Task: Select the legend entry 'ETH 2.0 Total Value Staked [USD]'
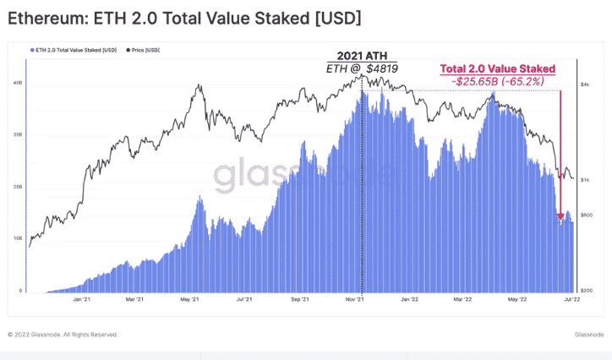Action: tap(74, 51)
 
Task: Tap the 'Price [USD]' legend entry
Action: tap(145, 51)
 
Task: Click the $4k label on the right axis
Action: tap(585, 85)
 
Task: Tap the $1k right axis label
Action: tap(585, 180)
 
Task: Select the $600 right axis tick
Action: tap(586, 215)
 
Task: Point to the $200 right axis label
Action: tap(586, 290)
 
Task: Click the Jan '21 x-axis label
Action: tap(83, 299)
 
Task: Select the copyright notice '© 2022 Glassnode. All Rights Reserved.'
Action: tap(63, 335)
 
